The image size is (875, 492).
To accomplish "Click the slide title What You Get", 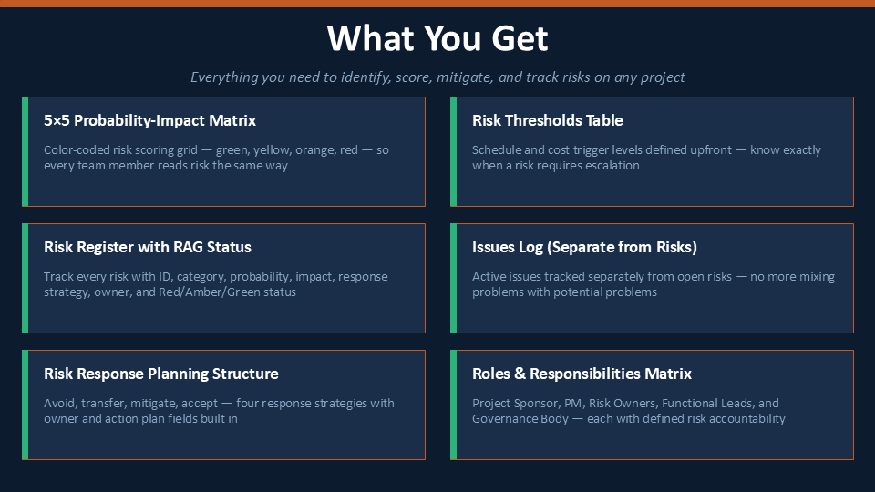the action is (x=437, y=38).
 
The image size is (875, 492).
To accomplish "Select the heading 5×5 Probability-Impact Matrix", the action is (x=150, y=120).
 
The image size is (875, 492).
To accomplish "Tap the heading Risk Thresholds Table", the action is (x=548, y=120).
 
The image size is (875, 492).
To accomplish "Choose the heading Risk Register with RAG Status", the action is (x=148, y=247).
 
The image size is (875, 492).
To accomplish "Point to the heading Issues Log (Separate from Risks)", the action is (x=585, y=247).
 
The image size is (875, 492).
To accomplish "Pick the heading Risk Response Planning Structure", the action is (x=161, y=374).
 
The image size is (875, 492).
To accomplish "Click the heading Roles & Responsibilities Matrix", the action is (x=582, y=374).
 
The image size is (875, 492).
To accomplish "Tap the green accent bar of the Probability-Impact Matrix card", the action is (x=26, y=152).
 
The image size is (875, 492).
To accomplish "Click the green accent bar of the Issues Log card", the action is (x=454, y=279).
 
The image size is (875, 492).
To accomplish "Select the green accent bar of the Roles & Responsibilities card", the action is (x=454, y=405).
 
